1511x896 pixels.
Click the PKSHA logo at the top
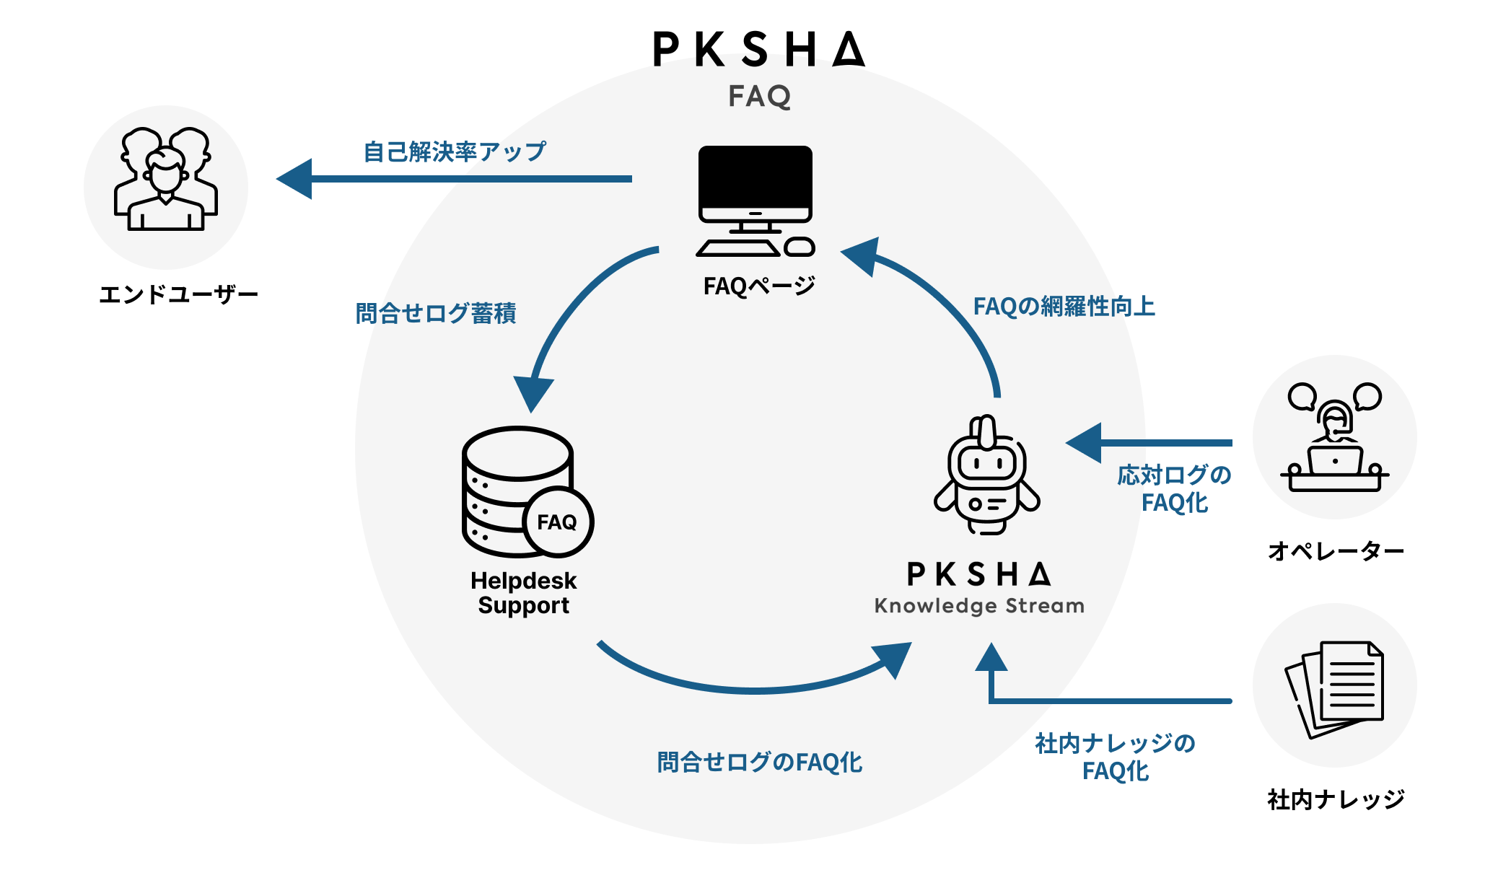(758, 49)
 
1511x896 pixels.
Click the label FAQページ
(759, 286)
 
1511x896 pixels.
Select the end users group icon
(166, 180)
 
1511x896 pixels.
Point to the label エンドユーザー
(178, 294)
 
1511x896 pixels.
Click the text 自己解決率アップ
(455, 151)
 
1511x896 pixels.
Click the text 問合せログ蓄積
(436, 313)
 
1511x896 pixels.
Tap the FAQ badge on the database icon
(557, 522)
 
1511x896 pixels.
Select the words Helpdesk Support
(524, 593)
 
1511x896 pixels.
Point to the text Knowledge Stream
(979, 606)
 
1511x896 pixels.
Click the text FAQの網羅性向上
(1064, 307)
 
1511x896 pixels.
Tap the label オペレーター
(1336, 552)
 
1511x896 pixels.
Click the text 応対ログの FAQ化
(1174, 489)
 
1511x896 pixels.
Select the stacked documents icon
(1334, 689)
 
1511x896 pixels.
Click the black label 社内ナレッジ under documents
(1336, 799)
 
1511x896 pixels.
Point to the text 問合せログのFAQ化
(759, 763)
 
